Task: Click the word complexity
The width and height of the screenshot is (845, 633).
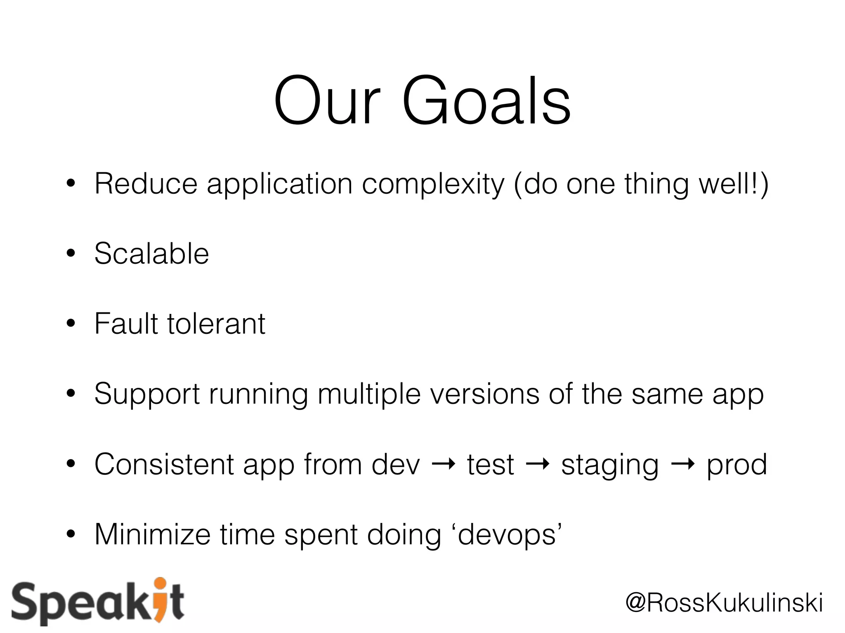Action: coord(433,185)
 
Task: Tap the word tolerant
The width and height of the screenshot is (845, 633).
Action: coord(216,324)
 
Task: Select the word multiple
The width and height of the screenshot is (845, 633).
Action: coord(369,395)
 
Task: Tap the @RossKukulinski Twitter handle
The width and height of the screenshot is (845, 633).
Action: coord(724,603)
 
